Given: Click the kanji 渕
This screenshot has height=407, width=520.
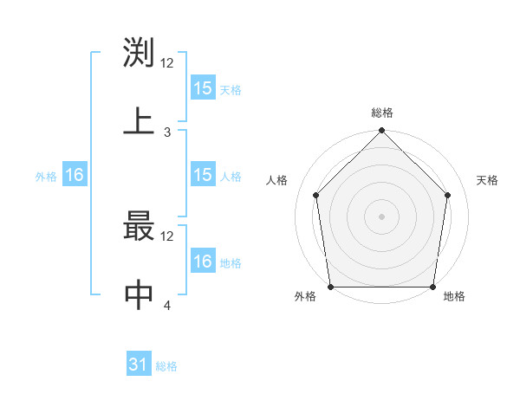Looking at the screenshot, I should [x=140, y=55].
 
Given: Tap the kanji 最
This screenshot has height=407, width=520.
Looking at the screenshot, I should [x=140, y=226].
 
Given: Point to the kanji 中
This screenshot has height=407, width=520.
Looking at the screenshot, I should [x=140, y=295].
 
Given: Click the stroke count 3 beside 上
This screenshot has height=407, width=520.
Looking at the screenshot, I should [x=167, y=132].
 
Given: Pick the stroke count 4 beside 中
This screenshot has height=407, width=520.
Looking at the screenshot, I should [x=167, y=306].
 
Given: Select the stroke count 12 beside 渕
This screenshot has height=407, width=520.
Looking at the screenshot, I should [x=167, y=63].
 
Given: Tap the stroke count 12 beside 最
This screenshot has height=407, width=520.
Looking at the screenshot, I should [x=167, y=236].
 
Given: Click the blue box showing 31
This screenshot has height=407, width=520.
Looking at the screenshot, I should [x=139, y=365].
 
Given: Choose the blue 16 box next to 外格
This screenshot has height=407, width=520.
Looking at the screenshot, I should [x=75, y=176].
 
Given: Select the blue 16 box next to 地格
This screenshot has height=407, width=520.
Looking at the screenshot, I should [x=203, y=262].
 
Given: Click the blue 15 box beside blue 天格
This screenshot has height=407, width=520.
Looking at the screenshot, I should [x=203, y=88].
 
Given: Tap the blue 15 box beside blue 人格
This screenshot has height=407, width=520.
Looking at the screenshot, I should [x=203, y=176].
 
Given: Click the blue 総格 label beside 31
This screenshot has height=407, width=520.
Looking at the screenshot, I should [x=166, y=366].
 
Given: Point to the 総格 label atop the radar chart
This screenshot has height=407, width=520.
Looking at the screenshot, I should [x=382, y=113].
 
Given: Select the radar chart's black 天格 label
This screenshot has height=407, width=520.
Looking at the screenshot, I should [x=488, y=180].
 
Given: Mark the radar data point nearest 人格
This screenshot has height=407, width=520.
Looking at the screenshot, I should [x=316, y=195].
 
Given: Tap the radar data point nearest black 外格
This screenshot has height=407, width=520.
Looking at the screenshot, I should [x=330, y=287].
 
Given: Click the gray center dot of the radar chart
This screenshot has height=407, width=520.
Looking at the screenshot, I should [x=382, y=216].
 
